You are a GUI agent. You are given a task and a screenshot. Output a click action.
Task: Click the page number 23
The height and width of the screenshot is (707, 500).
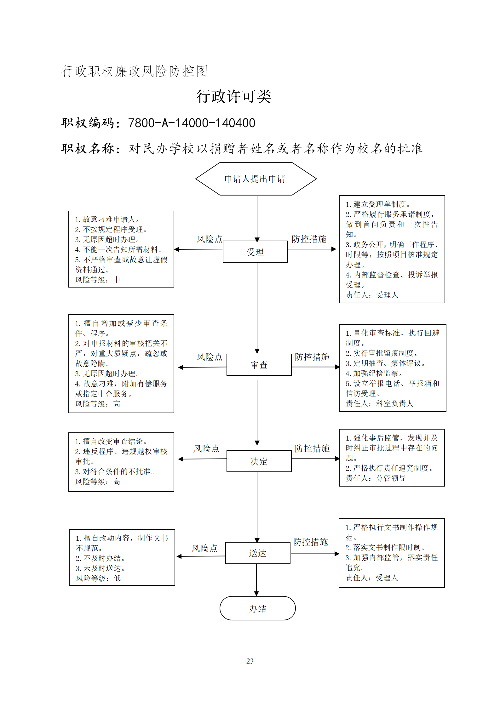pyautogui.click(x=250, y=661)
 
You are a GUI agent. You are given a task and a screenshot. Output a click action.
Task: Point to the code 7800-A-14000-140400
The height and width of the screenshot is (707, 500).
pyautogui.click(x=192, y=123)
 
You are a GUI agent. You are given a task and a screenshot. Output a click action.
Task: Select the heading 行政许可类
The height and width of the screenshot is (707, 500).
pyautogui.click(x=234, y=96)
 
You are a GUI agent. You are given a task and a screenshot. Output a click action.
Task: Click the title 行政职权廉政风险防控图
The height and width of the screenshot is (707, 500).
pyautogui.click(x=135, y=71)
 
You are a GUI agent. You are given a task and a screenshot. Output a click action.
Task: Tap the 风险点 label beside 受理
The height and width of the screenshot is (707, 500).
pyautogui.click(x=210, y=239)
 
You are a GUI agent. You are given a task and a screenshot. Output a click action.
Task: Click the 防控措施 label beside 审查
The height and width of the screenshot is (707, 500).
pyautogui.click(x=312, y=357)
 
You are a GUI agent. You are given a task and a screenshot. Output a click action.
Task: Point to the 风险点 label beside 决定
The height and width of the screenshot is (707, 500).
pyautogui.click(x=206, y=448)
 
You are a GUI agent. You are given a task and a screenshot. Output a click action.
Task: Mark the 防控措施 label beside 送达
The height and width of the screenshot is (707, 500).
pyautogui.click(x=310, y=542)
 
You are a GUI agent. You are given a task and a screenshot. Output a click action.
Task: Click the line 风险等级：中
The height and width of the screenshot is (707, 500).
pyautogui.click(x=98, y=280)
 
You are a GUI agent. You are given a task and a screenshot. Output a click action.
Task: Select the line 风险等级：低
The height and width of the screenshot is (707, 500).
pyautogui.click(x=98, y=578)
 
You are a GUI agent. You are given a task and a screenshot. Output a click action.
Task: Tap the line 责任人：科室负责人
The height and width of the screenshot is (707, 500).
pyautogui.click(x=379, y=403)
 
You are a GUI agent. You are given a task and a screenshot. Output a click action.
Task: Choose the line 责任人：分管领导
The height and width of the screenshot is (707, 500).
pyautogui.click(x=376, y=478)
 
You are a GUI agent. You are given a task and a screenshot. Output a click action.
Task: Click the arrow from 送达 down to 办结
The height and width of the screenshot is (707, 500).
pyautogui.click(x=256, y=580)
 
